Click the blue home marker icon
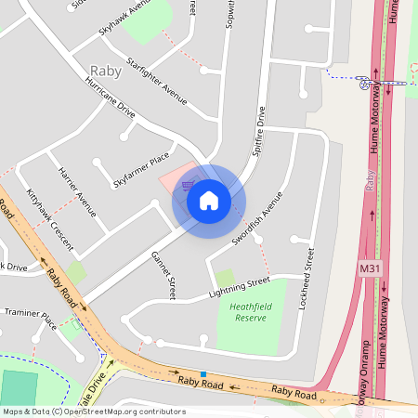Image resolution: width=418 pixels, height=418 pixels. tap(209, 200)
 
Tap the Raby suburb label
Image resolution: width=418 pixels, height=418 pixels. tap(106, 71)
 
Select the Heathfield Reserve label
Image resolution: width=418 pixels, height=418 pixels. tap(249, 311)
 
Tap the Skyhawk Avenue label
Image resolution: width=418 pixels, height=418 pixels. tap(124, 19)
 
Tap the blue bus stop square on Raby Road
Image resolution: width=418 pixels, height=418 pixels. tap(202, 373)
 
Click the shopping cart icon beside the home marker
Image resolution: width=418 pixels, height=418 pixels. tap(188, 185)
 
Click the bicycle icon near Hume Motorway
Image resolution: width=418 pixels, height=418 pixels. tap(364, 84)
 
